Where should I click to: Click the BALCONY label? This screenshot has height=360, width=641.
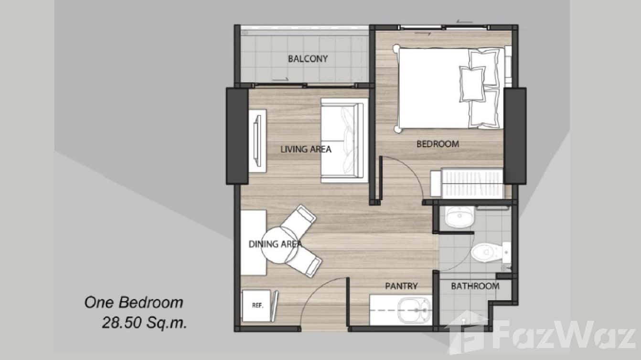308,59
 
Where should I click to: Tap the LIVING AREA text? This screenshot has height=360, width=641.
306,149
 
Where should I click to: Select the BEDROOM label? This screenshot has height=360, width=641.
438,144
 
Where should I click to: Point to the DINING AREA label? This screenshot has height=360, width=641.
275,244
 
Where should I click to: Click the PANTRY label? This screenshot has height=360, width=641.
401,286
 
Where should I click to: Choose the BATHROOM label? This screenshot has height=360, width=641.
475,286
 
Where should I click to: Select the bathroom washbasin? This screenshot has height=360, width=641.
459,217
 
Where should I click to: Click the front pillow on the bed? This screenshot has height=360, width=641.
472,83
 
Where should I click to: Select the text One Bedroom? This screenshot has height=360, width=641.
134,302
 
